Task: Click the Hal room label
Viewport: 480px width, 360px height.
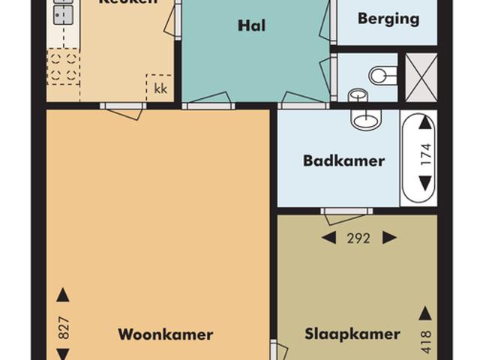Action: point(252,26)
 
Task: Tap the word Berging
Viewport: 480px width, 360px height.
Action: point(388,19)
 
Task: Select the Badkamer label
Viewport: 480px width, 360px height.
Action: point(343,160)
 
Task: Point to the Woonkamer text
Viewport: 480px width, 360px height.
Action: point(165,334)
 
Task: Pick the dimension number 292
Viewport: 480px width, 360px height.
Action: point(359,238)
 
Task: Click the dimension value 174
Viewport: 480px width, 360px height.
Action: point(425,154)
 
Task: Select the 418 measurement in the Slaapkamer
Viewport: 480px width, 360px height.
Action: point(425,341)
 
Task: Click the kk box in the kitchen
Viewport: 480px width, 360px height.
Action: point(160,88)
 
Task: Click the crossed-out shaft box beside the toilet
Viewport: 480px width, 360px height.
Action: point(421,76)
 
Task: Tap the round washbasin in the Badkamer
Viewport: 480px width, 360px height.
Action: point(367,119)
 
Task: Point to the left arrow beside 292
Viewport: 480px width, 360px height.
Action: point(328,238)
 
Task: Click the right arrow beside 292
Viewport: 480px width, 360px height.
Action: point(389,238)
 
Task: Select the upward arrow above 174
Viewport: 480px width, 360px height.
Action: point(425,123)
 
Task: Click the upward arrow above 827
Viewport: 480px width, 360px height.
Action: point(64,295)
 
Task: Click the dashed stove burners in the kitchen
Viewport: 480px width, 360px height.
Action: point(63,66)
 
